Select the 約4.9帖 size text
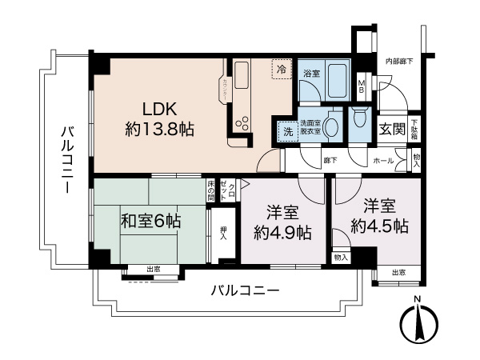click(x=283, y=233)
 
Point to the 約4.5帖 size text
click(x=380, y=226)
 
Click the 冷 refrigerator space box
click(x=281, y=70)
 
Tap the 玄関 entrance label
click(x=391, y=129)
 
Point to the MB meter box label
click(x=362, y=85)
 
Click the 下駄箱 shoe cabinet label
click(x=414, y=129)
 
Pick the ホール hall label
click(x=383, y=161)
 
